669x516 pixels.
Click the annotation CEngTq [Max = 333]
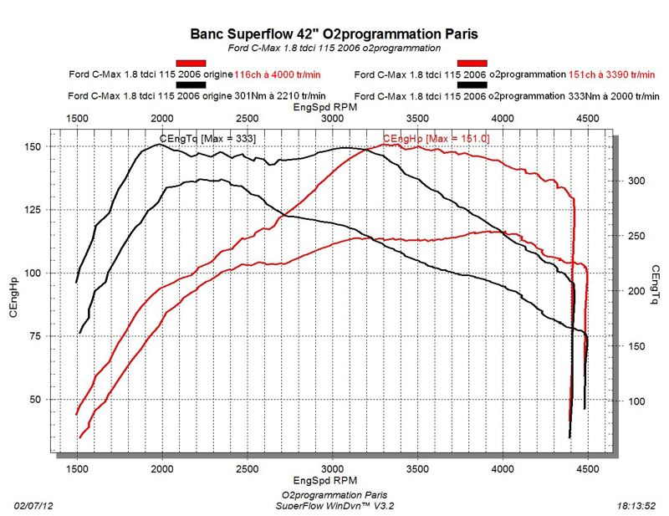click(x=207, y=137)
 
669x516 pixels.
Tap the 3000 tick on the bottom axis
click(x=332, y=468)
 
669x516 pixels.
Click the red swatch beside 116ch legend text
click(x=191, y=64)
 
